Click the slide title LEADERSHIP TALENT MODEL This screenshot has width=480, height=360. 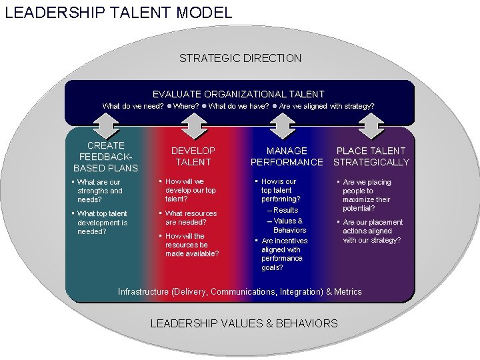[119, 12]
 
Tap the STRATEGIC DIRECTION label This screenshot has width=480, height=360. [240, 58]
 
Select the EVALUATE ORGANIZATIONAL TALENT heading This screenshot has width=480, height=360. [239, 95]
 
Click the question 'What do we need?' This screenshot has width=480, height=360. [133, 106]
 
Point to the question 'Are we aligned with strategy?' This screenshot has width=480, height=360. [327, 106]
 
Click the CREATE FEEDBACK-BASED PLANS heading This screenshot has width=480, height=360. [105, 157]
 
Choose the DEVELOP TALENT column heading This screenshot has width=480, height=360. [193, 157]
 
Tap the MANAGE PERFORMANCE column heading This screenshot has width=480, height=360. [287, 157]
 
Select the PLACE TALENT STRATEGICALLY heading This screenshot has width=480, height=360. [371, 157]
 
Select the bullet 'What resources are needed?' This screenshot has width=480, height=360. [191, 218]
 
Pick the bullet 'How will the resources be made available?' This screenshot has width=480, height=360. [192, 245]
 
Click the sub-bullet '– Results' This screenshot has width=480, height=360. [283, 210]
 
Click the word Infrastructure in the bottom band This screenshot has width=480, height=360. [143, 291]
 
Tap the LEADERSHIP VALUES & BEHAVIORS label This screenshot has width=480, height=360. [244, 323]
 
